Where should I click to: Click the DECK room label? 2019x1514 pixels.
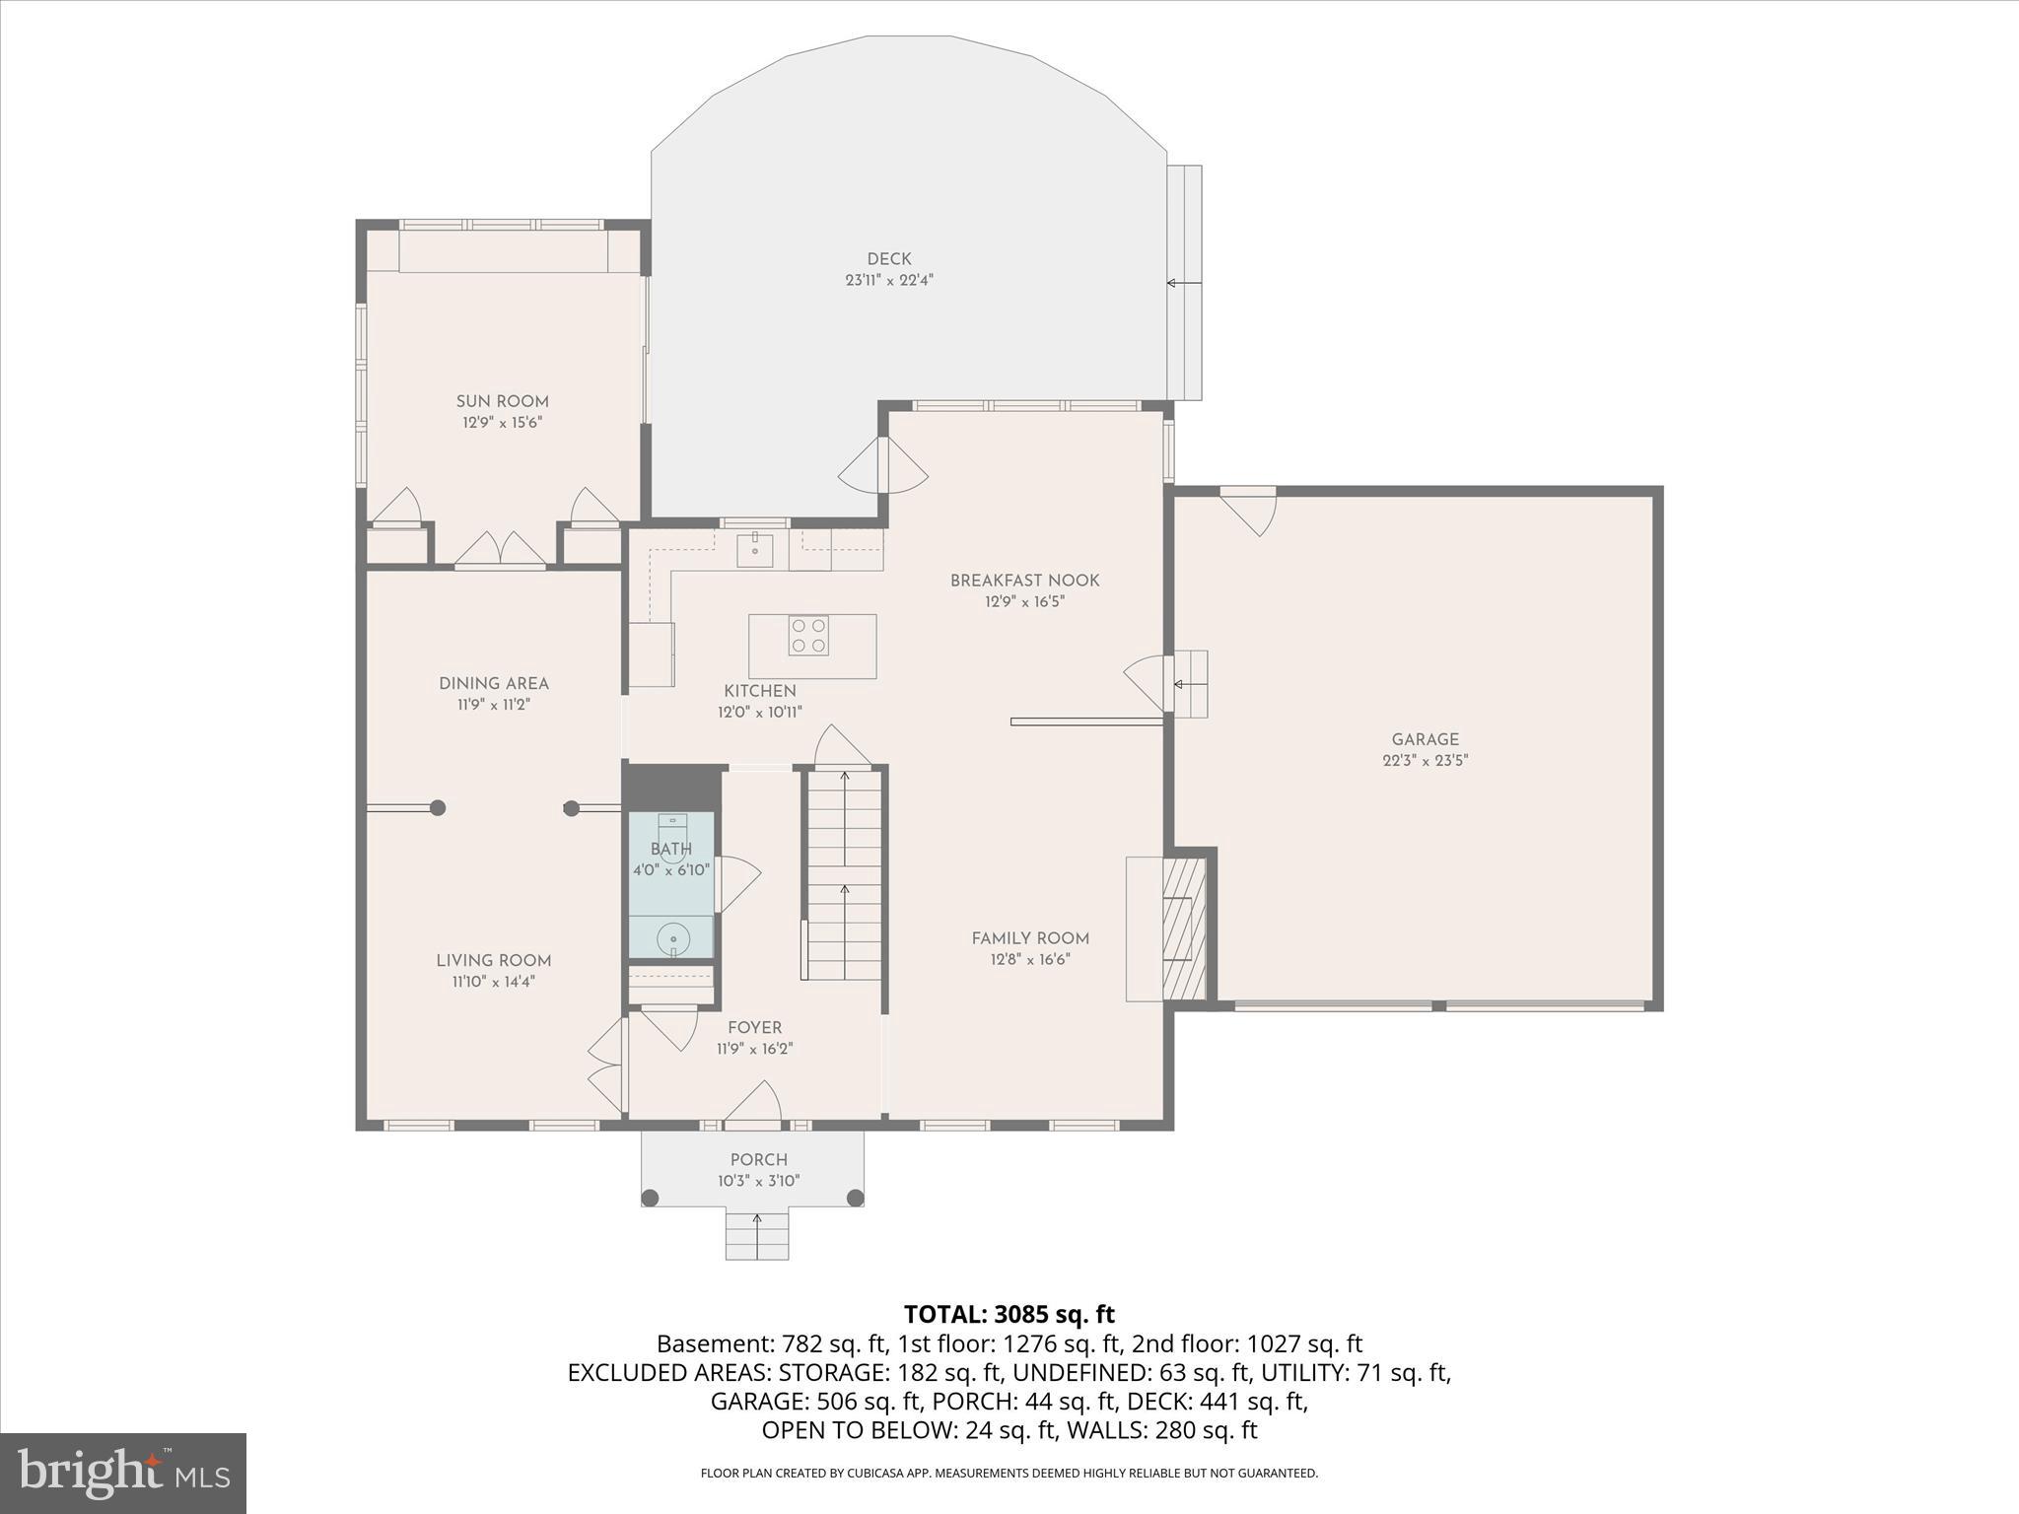tap(888, 259)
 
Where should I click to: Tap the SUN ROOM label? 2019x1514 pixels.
tap(502, 401)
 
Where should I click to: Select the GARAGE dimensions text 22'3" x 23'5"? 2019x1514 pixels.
tap(1425, 760)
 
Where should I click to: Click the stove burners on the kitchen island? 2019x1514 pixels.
tap(807, 636)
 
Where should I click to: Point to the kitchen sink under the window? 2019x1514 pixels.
tap(755, 549)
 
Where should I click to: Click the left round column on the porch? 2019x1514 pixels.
tap(650, 1198)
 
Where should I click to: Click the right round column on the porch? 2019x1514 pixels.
tap(856, 1198)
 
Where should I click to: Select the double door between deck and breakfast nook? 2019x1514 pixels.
tap(883, 467)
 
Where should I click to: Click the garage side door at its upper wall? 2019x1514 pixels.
tap(1249, 511)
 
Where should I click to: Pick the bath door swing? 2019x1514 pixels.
tap(736, 882)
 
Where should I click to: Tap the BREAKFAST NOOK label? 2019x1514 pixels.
tap(1024, 581)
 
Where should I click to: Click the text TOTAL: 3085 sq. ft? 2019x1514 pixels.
tap(1009, 1314)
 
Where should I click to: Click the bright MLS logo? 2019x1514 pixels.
tap(123, 1473)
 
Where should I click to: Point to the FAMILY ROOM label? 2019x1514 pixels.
tap(1030, 938)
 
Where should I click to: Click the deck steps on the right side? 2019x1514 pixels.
tap(1184, 283)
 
